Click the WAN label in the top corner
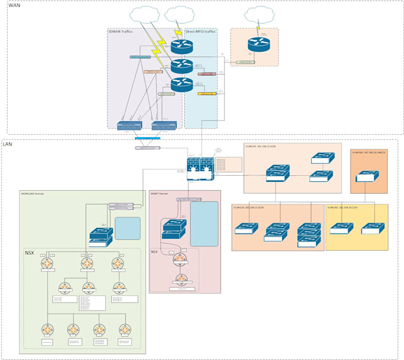pos(14,5)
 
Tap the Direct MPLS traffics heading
pos(201,31)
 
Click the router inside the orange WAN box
pos(259,44)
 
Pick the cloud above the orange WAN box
pos(259,14)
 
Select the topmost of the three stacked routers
pos(182,45)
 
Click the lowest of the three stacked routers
pos(182,85)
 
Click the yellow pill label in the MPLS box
pos(206,93)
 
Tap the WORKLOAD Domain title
pos(33,193)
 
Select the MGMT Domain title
pos(160,193)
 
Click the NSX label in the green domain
pos(30,252)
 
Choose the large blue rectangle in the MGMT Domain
pos(204,224)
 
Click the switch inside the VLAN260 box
pos(365,176)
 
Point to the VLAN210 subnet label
pos(262,146)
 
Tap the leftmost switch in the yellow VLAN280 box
pos(342,228)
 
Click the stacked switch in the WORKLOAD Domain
pos(100,236)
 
